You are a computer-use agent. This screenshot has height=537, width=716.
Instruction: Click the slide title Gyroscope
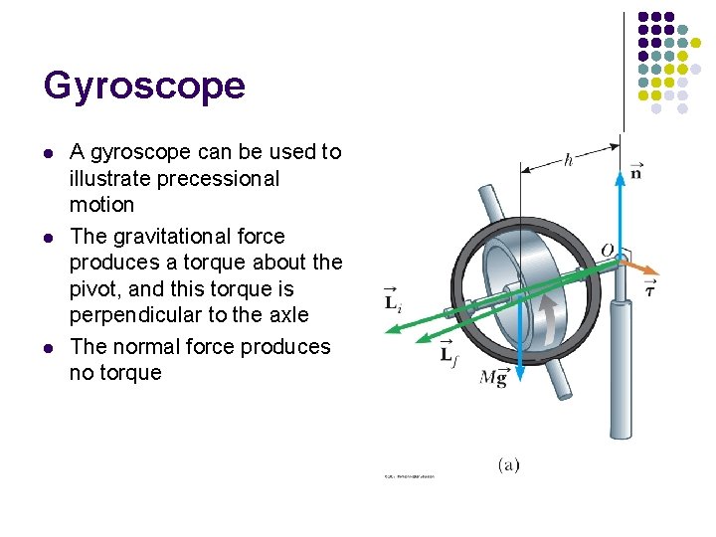coord(144,87)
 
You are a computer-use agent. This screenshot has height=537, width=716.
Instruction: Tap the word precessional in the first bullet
coord(224,179)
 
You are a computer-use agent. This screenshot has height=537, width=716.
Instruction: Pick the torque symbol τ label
coord(649,289)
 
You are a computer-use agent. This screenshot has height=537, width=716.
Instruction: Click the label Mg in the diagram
coord(493,377)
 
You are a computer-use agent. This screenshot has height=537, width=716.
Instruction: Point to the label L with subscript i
coord(395,299)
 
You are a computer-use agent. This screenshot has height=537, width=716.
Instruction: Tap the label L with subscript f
coord(450,352)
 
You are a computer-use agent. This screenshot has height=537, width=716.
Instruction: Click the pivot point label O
coord(607,249)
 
